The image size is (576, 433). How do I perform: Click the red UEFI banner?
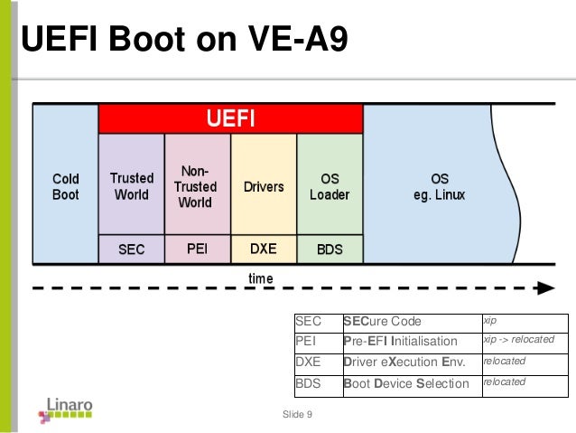[x=231, y=118]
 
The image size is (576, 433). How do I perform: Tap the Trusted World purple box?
[x=132, y=186]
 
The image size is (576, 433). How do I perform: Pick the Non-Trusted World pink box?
[x=196, y=186]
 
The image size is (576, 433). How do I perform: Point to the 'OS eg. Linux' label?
[x=440, y=187]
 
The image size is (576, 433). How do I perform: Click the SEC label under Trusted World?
[x=132, y=249]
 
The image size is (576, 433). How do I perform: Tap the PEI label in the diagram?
[x=197, y=249]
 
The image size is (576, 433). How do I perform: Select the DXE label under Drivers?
[x=264, y=249]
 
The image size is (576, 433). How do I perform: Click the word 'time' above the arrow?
[x=260, y=278]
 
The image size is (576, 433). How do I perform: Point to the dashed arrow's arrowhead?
[x=544, y=289]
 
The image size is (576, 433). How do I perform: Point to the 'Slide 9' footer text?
[x=297, y=415]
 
